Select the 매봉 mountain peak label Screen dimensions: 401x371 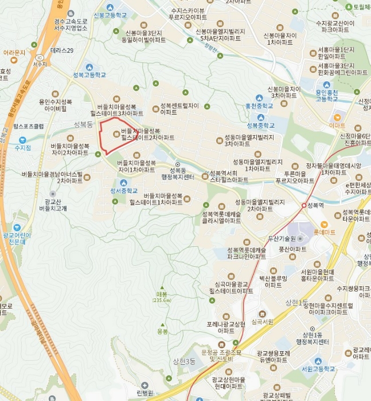pyautogui.click(x=162, y=296)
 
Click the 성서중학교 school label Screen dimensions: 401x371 pyautogui.click(x=124, y=191)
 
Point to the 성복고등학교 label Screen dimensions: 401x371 pyautogui.click(x=89, y=74)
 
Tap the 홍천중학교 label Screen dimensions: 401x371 pyautogui.click(x=259, y=105)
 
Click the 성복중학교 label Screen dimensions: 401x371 pyautogui.click(x=261, y=125)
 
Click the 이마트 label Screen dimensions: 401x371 pyautogui.click(x=338, y=124)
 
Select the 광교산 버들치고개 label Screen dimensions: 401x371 pyautogui.click(x=53, y=205)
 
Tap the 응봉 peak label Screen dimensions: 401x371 pyautogui.click(x=163, y=331)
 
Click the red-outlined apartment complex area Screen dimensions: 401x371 pyautogui.click(x=118, y=136)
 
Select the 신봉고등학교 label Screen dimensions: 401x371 pyautogui.click(x=110, y=14)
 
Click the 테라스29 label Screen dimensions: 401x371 pyautogui.click(x=62, y=51)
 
